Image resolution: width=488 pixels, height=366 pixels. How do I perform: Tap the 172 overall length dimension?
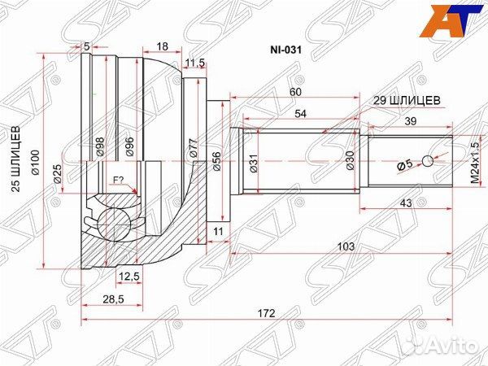pyautogui.click(x=266, y=313)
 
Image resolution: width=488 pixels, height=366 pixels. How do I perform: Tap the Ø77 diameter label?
pyautogui.click(x=193, y=146)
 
